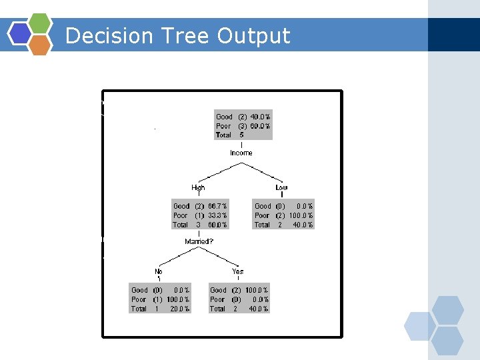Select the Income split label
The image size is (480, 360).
click(241, 153)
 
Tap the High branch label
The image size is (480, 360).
click(199, 188)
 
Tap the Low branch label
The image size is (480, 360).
click(281, 188)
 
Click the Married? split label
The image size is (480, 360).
click(199, 241)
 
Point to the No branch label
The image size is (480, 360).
click(159, 272)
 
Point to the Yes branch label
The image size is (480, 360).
click(237, 272)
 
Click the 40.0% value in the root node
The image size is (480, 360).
click(261, 117)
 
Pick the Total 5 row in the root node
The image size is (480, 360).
click(230, 135)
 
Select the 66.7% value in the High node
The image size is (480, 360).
click(217, 207)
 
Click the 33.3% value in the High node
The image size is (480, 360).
click(217, 216)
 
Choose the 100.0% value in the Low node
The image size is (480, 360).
click(301, 216)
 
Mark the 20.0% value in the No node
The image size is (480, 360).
click(179, 309)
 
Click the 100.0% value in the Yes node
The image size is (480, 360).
click(257, 291)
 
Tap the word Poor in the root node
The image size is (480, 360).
click(223, 126)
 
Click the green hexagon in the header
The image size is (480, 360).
click(41, 23)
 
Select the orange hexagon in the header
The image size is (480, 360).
click(41, 45)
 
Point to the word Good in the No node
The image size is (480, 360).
click(139, 291)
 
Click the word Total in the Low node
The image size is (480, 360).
click(262, 225)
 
